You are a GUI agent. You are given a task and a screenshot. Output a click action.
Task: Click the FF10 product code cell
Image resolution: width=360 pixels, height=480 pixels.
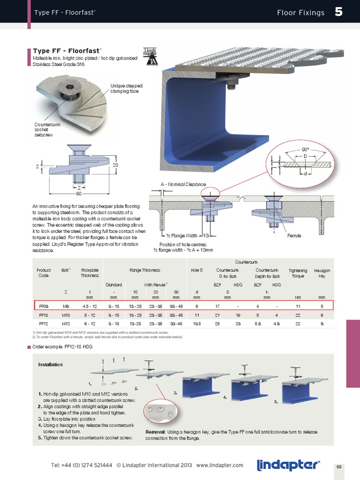point(43,315)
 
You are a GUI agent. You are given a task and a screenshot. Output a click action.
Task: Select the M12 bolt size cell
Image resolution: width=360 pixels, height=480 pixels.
point(66,323)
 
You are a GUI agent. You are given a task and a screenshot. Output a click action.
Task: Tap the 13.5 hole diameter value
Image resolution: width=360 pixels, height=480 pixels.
point(197,323)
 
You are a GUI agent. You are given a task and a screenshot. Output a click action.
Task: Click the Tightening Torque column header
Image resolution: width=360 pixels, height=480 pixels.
point(298,273)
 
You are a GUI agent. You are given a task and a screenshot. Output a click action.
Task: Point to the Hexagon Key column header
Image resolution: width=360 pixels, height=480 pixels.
point(322,273)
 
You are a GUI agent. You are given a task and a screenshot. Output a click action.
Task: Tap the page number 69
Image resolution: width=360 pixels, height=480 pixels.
point(339,467)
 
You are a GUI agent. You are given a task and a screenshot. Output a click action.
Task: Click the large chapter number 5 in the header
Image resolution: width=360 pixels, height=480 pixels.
point(338,12)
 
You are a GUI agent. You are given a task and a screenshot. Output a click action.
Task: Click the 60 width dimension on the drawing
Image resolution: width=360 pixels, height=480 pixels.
point(78,193)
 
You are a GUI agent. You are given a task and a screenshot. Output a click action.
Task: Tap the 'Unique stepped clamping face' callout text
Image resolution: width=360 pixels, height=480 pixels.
point(126,89)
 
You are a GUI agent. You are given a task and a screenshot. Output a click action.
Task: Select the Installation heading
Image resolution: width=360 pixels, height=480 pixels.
point(50,364)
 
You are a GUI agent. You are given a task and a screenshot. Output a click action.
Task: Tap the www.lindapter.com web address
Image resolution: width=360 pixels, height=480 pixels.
point(220,465)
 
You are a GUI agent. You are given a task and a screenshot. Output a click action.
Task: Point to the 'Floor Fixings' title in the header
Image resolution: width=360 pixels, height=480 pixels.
point(300,13)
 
